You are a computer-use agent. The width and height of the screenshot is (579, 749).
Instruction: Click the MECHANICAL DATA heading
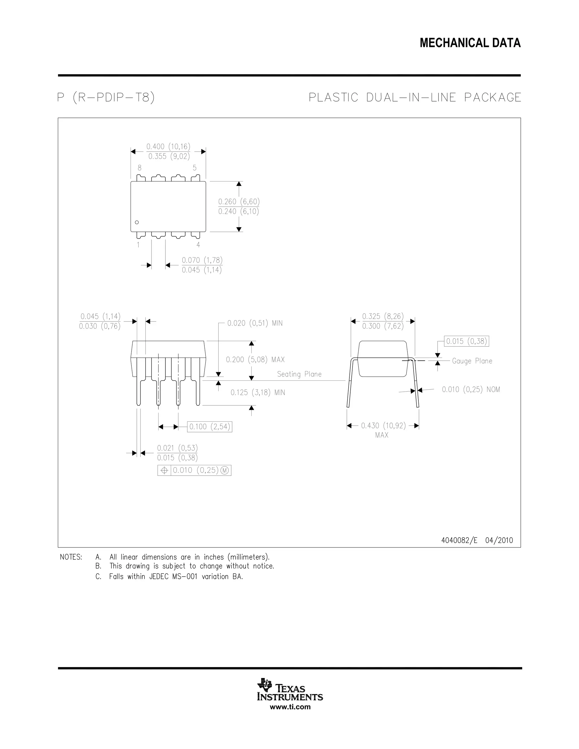pyautogui.click(x=470, y=43)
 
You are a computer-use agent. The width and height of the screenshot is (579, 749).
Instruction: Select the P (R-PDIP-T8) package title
pyautogui.click(x=106, y=98)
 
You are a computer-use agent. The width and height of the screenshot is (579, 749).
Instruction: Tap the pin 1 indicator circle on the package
pyautogui.click(x=137, y=222)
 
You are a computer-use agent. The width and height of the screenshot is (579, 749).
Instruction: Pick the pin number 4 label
pyautogui.click(x=198, y=245)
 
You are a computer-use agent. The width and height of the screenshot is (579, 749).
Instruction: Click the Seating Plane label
pyautogui.click(x=299, y=374)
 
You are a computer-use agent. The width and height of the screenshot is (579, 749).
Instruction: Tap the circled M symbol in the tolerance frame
pyautogui.click(x=225, y=471)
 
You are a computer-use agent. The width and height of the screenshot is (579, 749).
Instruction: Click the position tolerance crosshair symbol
pyautogui.click(x=164, y=471)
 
